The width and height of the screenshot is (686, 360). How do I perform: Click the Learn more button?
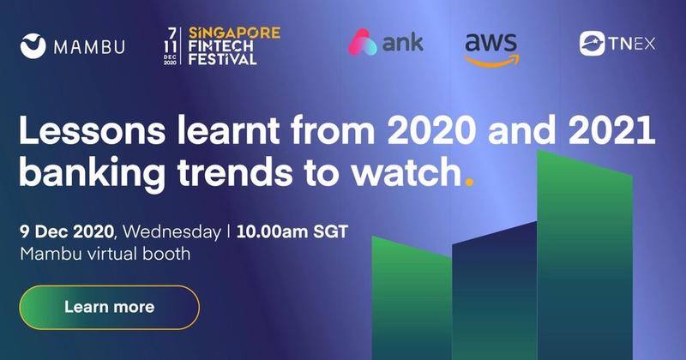(x=110, y=307)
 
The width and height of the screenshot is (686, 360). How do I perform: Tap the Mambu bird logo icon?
(x=33, y=46)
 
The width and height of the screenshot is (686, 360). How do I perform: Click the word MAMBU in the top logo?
(x=89, y=47)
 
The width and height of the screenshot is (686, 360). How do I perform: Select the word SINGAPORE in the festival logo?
(x=234, y=33)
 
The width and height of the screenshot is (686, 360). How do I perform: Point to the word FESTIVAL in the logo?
(x=222, y=59)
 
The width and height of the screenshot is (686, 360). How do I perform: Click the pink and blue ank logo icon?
(x=363, y=42)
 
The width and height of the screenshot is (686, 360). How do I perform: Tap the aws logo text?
(x=490, y=43)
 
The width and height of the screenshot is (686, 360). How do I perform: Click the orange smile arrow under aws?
(x=491, y=61)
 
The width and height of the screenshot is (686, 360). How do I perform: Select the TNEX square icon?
(x=593, y=44)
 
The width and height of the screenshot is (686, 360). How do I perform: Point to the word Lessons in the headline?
(x=93, y=130)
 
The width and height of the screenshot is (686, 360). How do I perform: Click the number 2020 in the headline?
(x=432, y=130)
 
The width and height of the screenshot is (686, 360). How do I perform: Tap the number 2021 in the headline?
(x=611, y=130)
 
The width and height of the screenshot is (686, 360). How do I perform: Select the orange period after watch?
(x=469, y=182)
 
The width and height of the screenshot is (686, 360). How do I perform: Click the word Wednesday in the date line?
(x=172, y=231)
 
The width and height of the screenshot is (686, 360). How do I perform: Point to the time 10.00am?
(x=266, y=231)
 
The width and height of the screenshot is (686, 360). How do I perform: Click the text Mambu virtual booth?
(x=105, y=254)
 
